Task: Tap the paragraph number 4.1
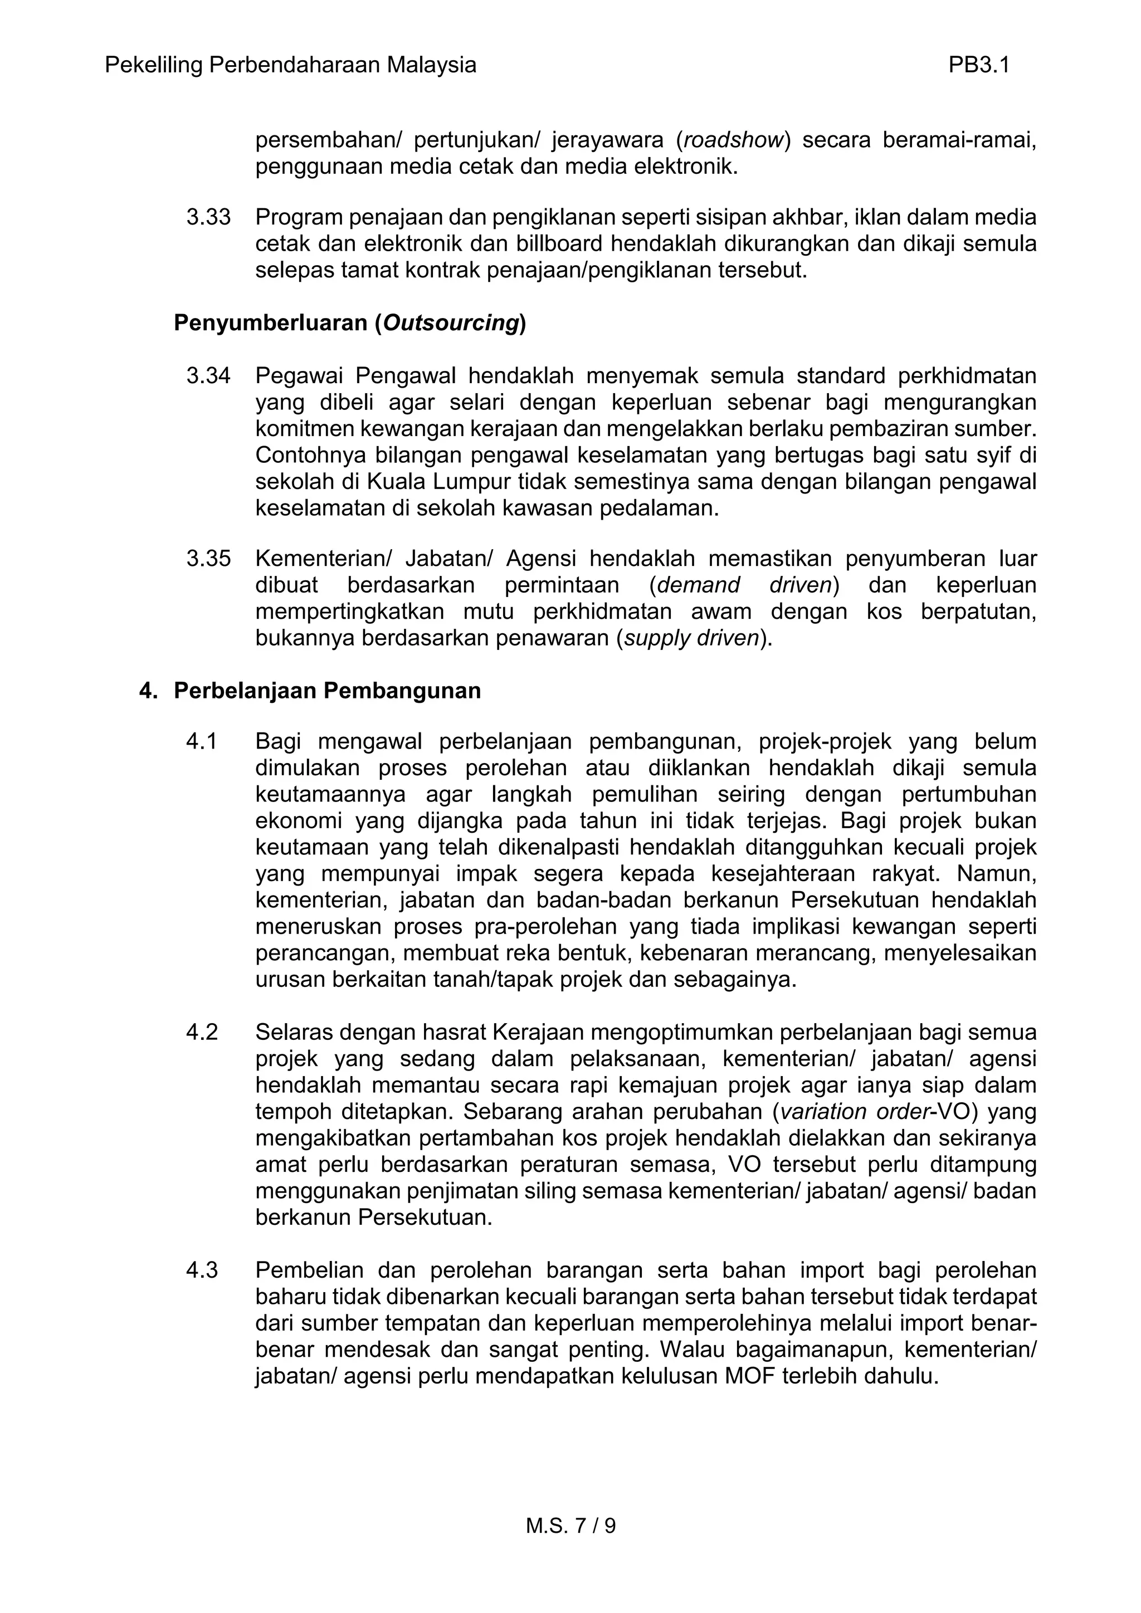(x=202, y=741)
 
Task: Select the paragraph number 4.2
(x=202, y=1032)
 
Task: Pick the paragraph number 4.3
(x=202, y=1269)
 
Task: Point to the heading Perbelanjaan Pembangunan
(x=328, y=691)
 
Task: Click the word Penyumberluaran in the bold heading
(x=271, y=323)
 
